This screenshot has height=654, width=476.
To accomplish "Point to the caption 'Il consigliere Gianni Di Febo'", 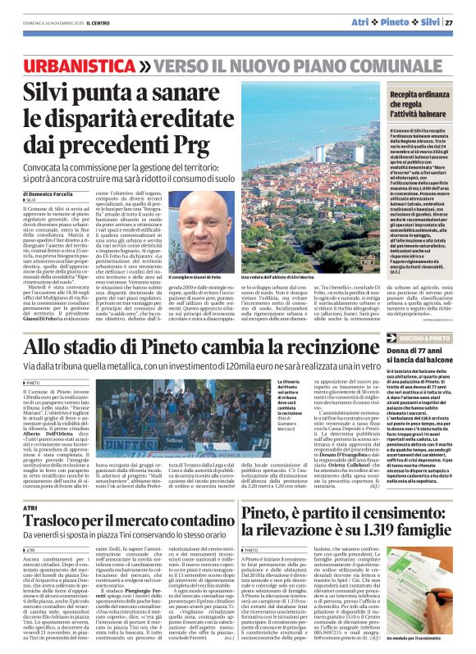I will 193,279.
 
